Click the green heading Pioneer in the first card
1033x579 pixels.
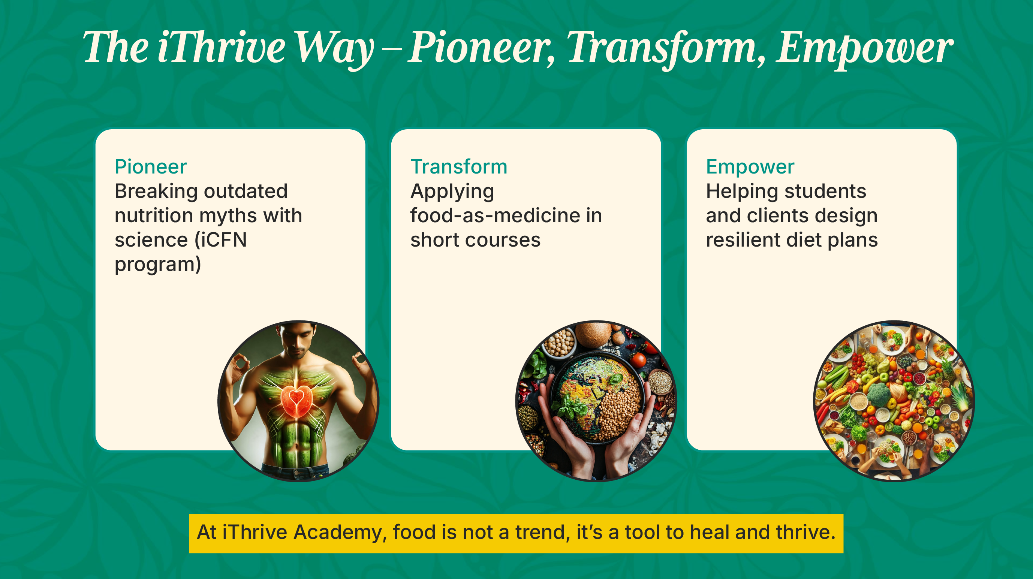pyautogui.click(x=151, y=166)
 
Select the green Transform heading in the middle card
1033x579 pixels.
pyautogui.click(x=459, y=166)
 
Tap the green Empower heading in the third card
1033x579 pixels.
pyautogui.click(x=750, y=167)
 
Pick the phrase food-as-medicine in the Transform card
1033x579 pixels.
pyautogui.click(x=495, y=215)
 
